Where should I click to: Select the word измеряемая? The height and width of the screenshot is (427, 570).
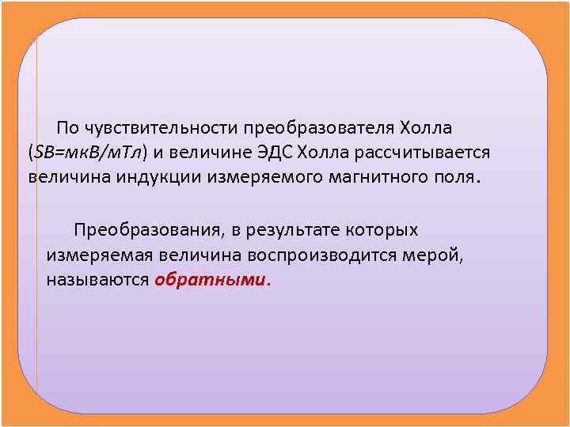coord(99,255)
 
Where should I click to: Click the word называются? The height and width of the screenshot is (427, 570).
coord(97,280)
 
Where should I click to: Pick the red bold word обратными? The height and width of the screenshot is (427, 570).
coord(211,280)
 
